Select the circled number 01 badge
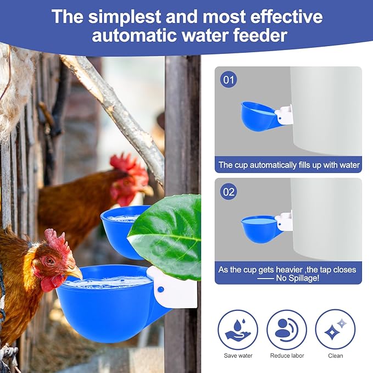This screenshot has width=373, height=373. pos(229,80)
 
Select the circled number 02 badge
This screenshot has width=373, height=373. pos(229,192)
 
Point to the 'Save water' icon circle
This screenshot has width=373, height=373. pos(238,330)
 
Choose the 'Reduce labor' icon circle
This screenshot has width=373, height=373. pos(287,330)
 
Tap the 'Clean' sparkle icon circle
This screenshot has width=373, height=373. pos(335,330)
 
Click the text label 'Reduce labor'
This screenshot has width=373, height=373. pos(287,355)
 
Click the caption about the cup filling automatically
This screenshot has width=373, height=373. pos(289,164)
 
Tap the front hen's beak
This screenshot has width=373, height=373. pos(74,273)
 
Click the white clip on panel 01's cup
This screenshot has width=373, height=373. pos(285,114)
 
